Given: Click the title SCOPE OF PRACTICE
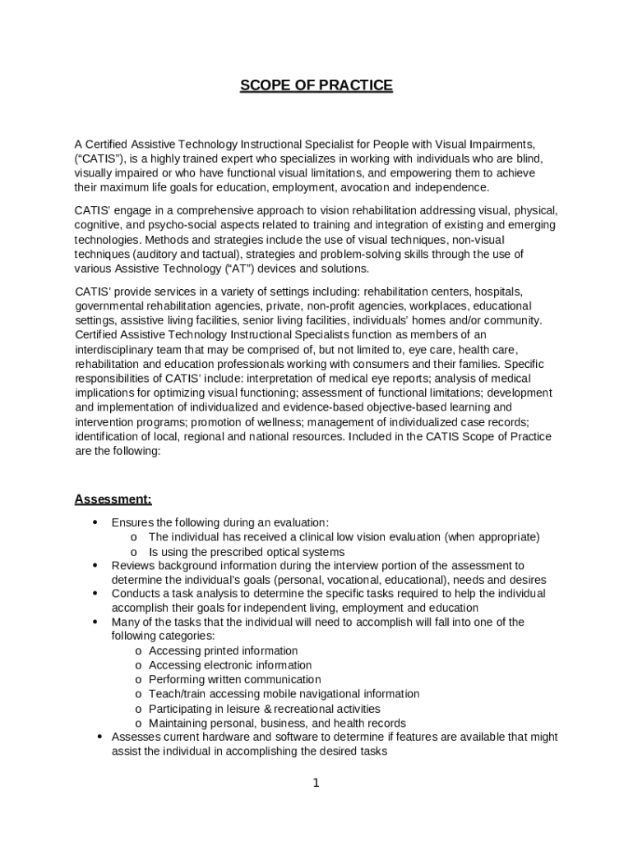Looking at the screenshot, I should point(316,85).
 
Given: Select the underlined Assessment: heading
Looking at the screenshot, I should point(113,499).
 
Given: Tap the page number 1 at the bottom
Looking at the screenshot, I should point(316,783).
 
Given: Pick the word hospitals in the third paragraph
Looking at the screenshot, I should point(497,292).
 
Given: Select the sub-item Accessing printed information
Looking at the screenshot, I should point(223,651).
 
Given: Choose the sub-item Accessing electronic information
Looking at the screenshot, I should point(230,665).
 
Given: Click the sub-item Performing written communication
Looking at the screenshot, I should point(234,680).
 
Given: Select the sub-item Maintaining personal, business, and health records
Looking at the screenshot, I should point(277,724).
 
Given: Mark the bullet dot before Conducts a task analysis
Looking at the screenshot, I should point(95,593).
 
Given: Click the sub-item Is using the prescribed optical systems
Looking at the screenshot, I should point(247,552).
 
